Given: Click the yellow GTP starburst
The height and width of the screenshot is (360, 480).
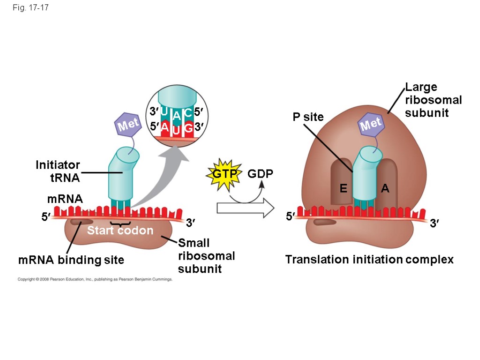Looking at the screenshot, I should (x=223, y=175).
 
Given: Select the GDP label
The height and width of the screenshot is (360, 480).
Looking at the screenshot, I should (x=260, y=174).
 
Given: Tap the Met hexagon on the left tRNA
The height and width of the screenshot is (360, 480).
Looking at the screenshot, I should (x=128, y=125).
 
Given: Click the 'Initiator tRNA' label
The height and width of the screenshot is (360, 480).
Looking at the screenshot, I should (x=58, y=171).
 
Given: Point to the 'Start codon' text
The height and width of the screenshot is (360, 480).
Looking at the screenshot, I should (x=120, y=230).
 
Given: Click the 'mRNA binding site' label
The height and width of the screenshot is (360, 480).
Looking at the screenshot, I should (x=71, y=260).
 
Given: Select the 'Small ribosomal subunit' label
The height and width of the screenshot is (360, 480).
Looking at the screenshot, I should (x=206, y=255).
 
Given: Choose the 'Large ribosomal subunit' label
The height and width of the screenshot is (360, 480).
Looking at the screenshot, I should (x=433, y=100).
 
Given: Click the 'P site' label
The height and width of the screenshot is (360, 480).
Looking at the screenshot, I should (x=308, y=117).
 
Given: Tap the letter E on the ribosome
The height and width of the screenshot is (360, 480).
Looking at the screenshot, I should (x=343, y=188).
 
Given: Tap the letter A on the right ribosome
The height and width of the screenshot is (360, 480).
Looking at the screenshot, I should (x=385, y=188).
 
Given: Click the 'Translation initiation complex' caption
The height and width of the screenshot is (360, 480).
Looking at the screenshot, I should (x=369, y=259).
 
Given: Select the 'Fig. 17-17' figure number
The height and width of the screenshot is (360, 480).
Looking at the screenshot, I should (x=31, y=8).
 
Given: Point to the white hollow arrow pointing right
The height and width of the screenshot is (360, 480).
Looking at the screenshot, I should (x=246, y=208).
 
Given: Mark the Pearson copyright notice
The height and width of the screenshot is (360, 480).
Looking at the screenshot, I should (x=95, y=279).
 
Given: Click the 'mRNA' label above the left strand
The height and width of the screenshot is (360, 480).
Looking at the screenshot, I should (x=65, y=199).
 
